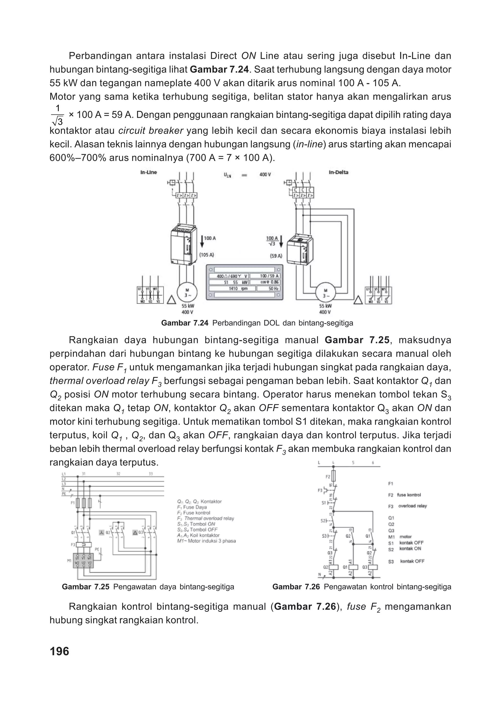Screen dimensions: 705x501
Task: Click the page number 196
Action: click(59, 651)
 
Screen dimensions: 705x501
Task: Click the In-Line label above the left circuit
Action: click(149, 172)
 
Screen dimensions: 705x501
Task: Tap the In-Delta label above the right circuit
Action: click(338, 172)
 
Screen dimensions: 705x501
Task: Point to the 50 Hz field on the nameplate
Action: click(268, 288)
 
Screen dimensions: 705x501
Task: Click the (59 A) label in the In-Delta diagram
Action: click(276, 256)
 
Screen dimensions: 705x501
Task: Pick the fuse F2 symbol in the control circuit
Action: click(333, 476)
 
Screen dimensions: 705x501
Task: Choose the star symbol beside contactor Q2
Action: click(102, 532)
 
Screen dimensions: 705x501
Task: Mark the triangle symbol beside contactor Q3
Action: click(135, 532)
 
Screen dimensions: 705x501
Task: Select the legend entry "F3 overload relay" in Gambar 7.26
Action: click(407, 506)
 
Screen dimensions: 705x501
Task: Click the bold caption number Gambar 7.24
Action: click(184, 323)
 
